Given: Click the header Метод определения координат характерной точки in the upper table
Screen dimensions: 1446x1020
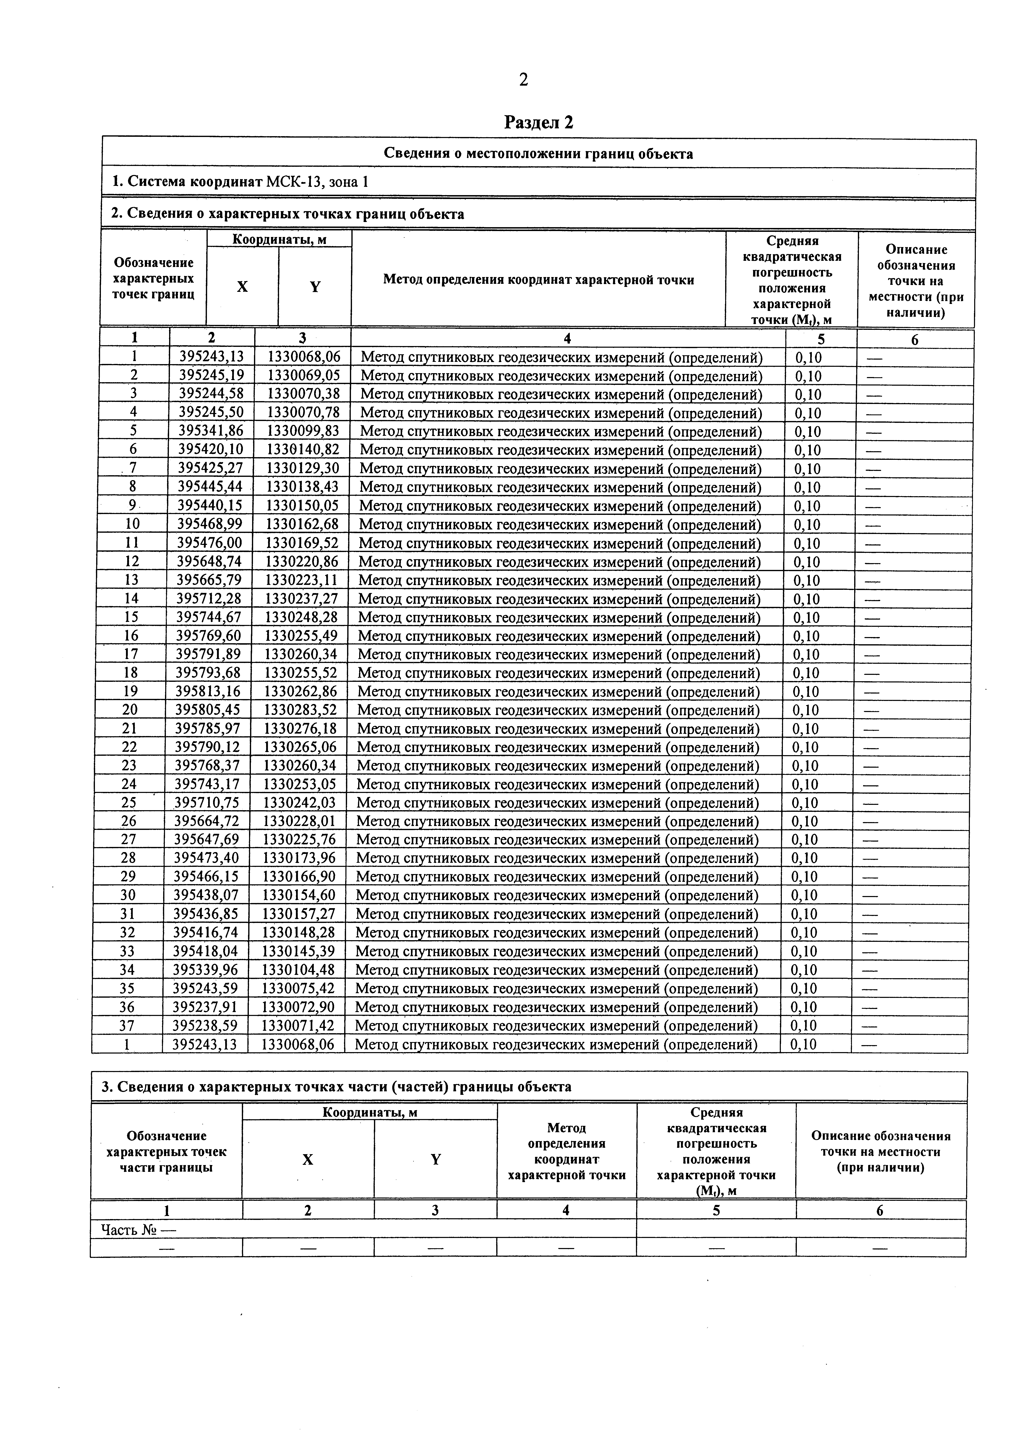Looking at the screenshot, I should pyautogui.click(x=539, y=280).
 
